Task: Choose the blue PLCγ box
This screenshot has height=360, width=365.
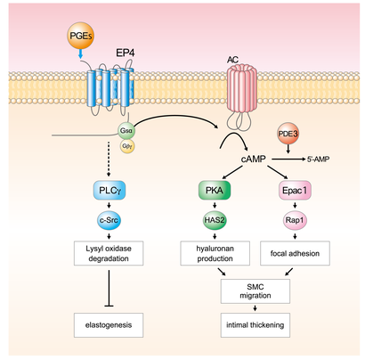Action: pyautogui.click(x=113, y=190)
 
